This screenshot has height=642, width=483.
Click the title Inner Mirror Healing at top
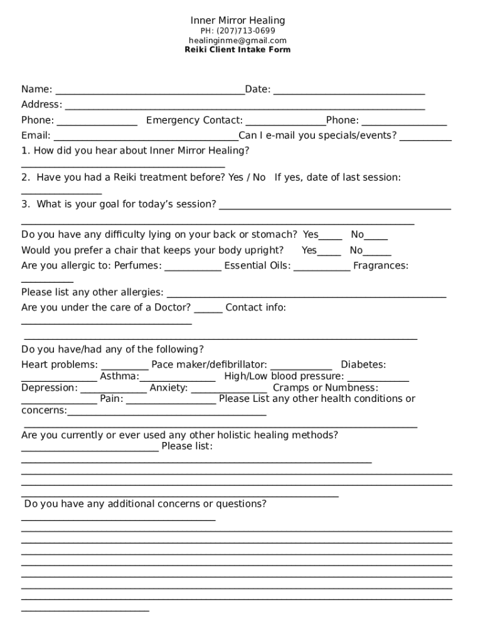[x=238, y=21]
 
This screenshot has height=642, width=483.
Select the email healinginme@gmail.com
[x=238, y=40]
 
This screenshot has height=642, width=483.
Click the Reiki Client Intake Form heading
[x=238, y=50]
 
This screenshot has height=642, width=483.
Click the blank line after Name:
[x=149, y=91]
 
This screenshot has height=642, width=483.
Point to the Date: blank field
[x=349, y=91]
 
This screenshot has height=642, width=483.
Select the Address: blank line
[x=245, y=106]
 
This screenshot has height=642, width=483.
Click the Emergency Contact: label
[x=194, y=120]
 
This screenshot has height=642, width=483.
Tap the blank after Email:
[x=146, y=137]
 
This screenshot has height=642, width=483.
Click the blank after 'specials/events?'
[x=425, y=137]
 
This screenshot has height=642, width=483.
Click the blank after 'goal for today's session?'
[x=335, y=206]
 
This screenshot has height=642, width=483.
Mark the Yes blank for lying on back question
[x=331, y=236]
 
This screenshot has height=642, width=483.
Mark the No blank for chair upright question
[x=377, y=252]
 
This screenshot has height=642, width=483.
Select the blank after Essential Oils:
[x=322, y=267]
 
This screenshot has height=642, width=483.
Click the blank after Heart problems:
[x=125, y=367]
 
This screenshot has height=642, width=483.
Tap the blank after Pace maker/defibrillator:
[x=301, y=367]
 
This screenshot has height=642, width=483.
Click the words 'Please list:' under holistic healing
[x=187, y=446]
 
